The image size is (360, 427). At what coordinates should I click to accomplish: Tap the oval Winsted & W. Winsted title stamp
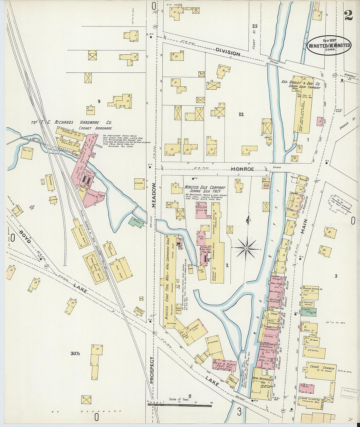[329, 46]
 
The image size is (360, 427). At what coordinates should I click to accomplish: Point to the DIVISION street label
[228, 51]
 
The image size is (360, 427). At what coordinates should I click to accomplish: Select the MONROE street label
[243, 169]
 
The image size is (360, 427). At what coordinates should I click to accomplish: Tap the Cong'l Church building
[321, 371]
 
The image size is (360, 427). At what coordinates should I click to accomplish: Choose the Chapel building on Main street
[315, 353]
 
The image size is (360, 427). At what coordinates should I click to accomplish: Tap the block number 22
[241, 114]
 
